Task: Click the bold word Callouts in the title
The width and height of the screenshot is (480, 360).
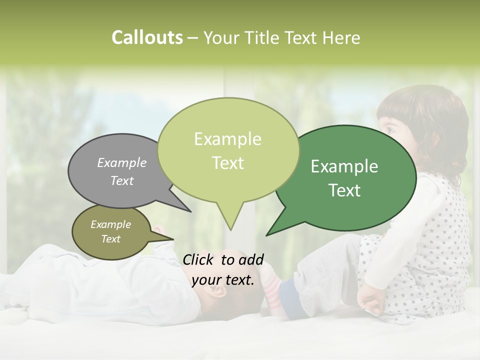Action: pos(147,37)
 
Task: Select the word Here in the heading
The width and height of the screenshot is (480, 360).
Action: pos(341,37)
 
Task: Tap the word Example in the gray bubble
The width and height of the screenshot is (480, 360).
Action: pos(122,162)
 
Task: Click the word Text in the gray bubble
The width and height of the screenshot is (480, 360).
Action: pos(122,180)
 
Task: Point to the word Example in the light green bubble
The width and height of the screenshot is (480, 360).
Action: pos(227,139)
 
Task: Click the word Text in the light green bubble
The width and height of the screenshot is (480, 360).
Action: pos(227,162)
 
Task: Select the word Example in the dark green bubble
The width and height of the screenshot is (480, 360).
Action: pos(344,166)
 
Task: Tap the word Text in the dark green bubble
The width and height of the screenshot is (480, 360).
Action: pos(344,190)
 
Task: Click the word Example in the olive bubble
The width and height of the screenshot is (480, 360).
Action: pos(110,224)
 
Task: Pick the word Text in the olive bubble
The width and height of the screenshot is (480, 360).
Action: pos(110,239)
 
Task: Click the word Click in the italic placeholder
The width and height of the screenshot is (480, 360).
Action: pos(199,259)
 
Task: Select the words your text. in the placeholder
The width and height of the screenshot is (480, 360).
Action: pos(223,280)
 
